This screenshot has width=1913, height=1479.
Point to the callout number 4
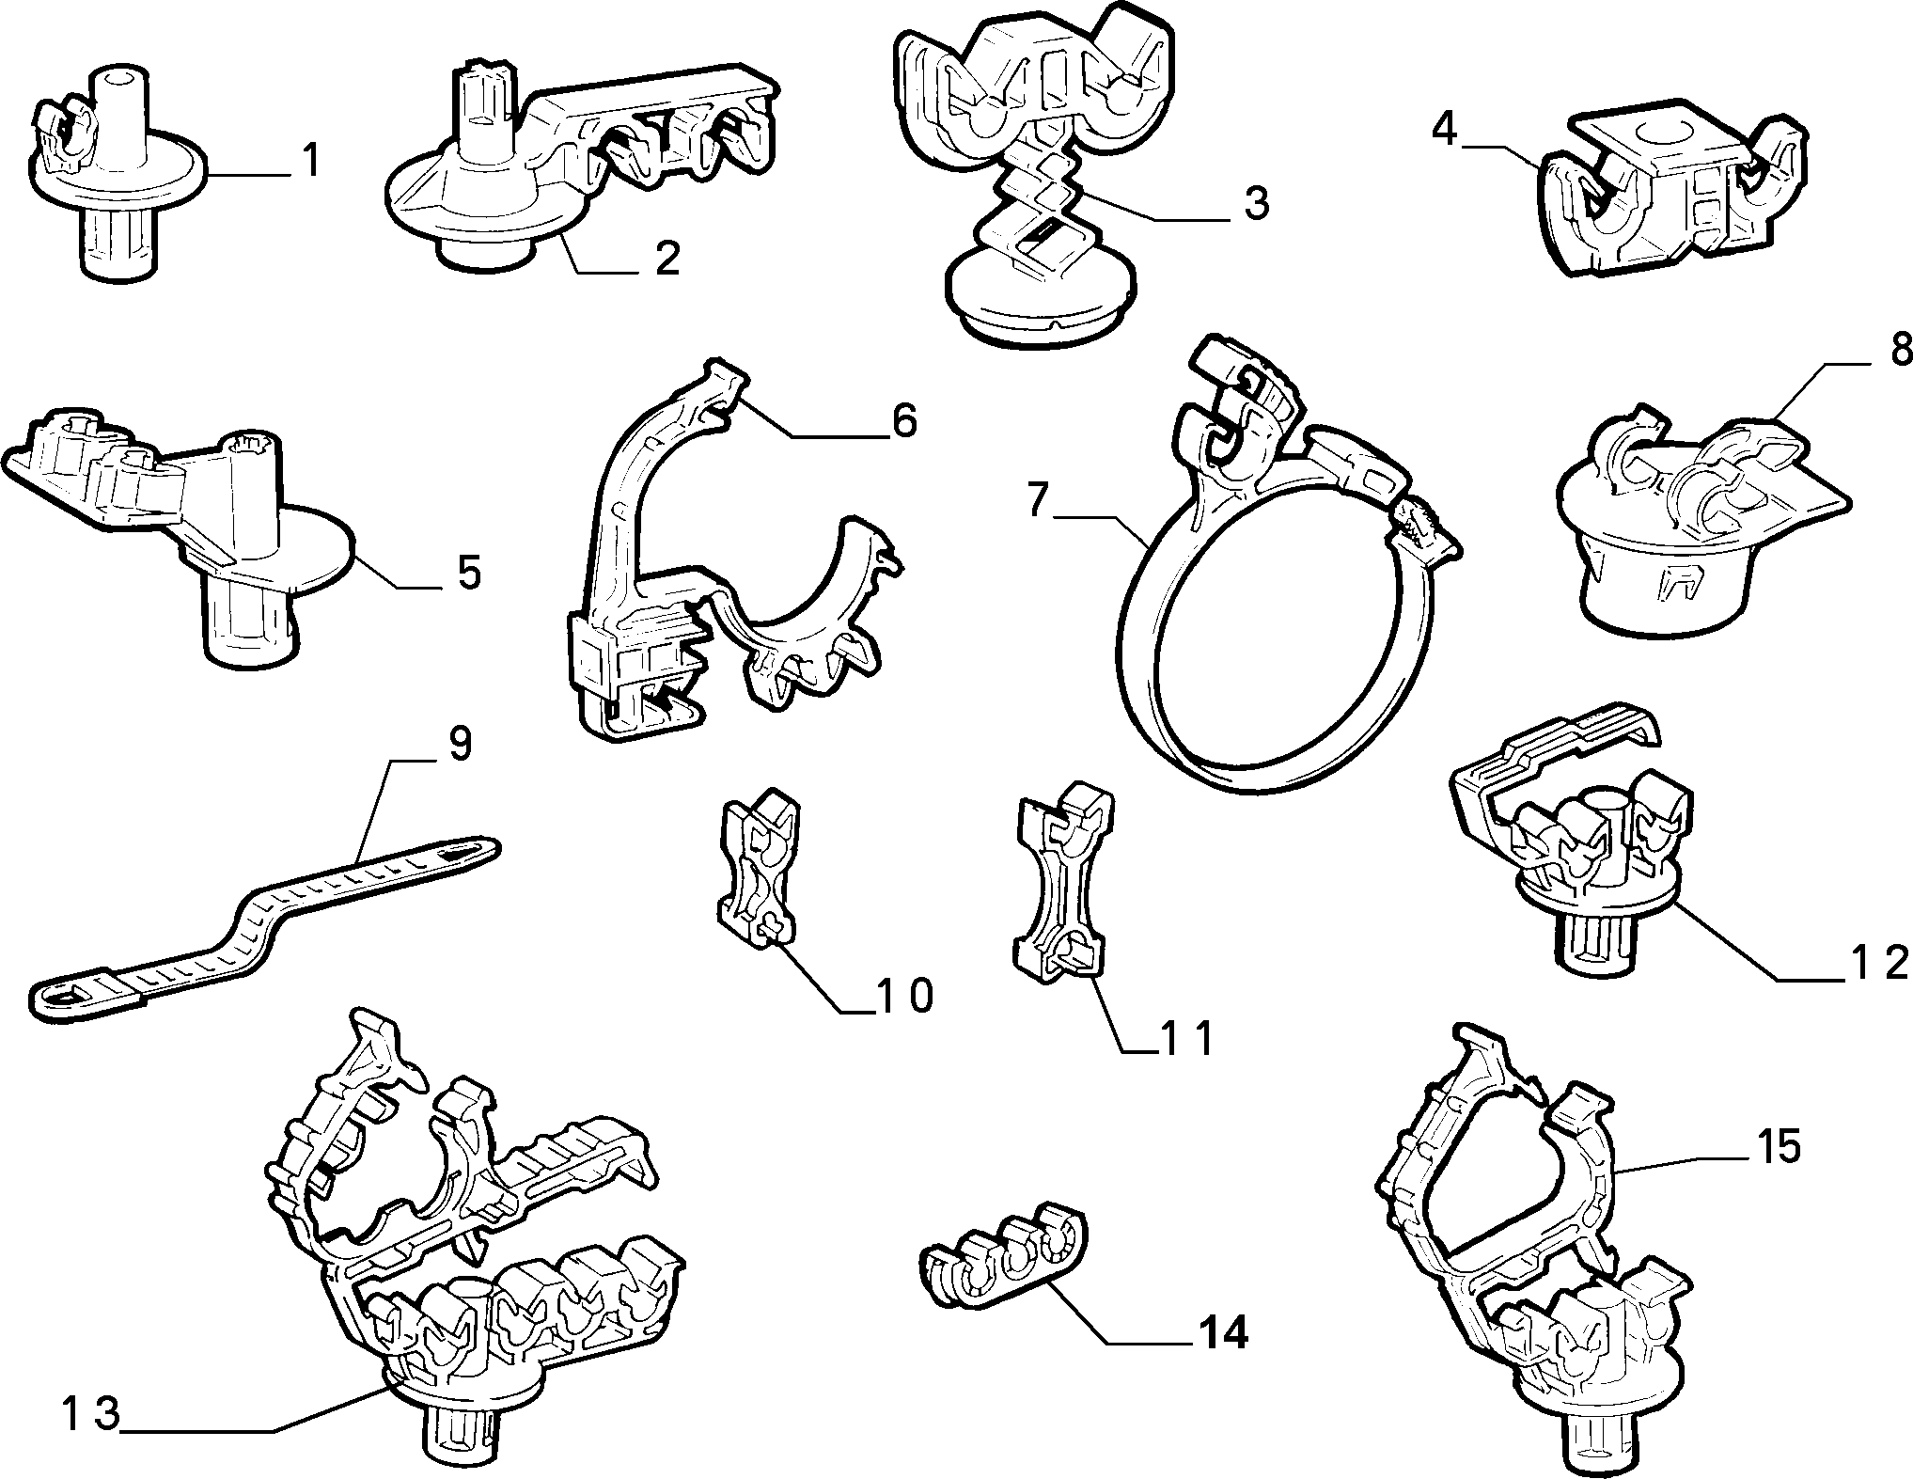coord(1445,129)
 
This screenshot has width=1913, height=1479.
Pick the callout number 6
coord(903,421)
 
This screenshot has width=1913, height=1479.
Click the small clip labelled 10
coord(759,866)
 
